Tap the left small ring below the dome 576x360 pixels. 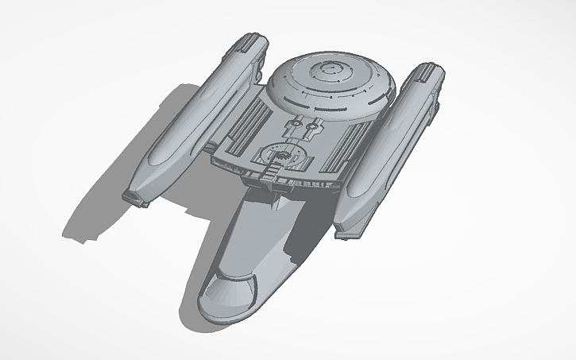tap(299, 124)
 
